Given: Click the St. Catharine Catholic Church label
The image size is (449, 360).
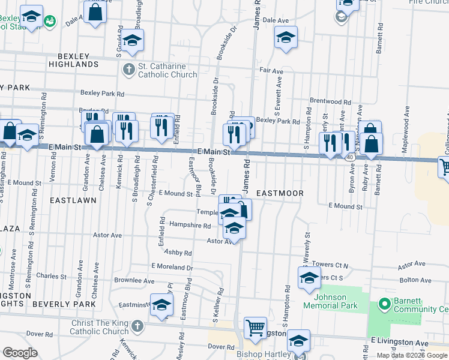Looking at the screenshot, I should (167, 70).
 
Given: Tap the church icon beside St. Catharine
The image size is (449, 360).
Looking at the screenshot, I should (128, 70).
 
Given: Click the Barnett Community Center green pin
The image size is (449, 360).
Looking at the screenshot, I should (384, 305).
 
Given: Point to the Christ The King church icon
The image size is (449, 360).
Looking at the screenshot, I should (137, 327).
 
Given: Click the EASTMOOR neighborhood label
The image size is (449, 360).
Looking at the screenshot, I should (280, 193).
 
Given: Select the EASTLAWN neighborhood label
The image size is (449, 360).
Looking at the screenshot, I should (73, 200).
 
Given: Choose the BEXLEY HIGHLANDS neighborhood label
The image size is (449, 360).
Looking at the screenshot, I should (73, 59).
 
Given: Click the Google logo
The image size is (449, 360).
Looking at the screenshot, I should (20, 353).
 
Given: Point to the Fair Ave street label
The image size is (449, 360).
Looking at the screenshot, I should (271, 70).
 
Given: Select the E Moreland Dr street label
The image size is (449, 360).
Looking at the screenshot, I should (172, 266).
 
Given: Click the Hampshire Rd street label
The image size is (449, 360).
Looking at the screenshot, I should (190, 226).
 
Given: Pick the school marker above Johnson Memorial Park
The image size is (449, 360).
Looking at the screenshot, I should (309, 278).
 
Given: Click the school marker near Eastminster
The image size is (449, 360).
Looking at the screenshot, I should (161, 305).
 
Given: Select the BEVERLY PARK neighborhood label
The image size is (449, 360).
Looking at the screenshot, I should (64, 304).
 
